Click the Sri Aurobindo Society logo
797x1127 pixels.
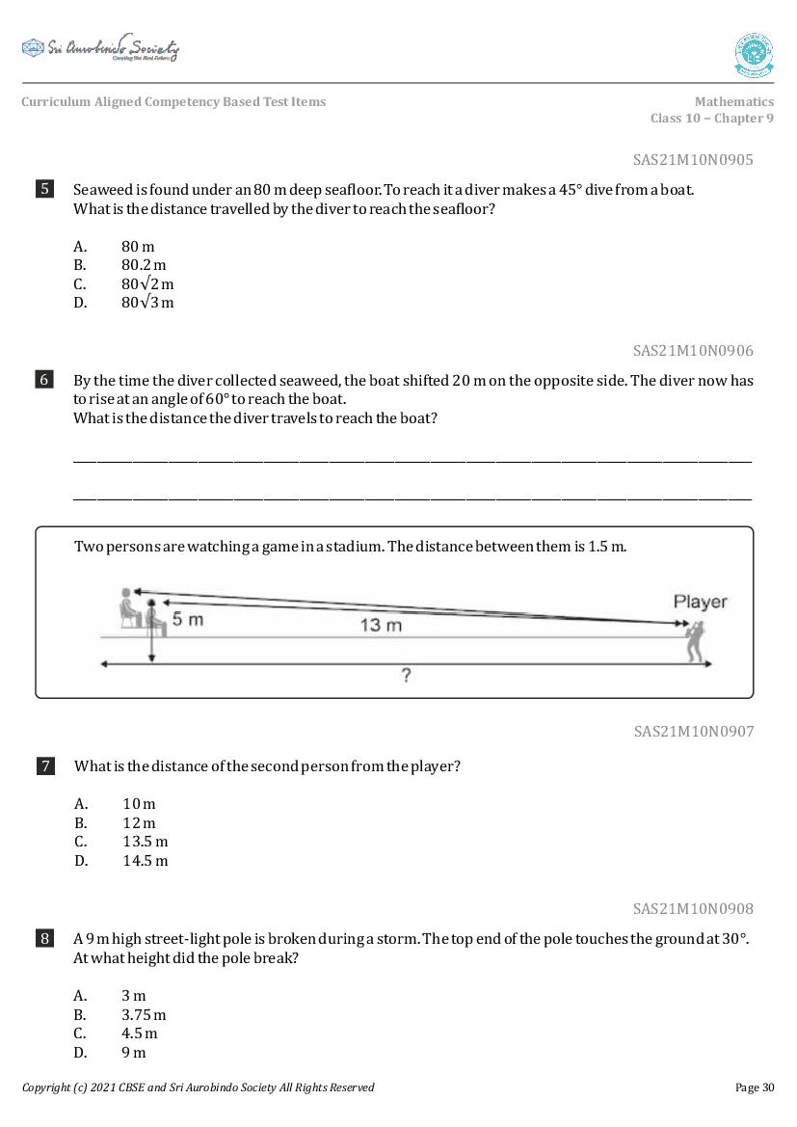[100, 48]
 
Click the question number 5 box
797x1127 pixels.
[44, 189]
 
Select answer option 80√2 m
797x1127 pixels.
[147, 284]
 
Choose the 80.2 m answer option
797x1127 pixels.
[144, 265]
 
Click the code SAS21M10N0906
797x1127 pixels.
[693, 351]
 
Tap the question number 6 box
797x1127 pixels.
[44, 380]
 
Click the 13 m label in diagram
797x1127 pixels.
[381, 626]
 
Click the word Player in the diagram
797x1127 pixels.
[700, 603]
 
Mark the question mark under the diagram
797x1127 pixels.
[406, 676]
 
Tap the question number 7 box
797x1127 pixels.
[45, 766]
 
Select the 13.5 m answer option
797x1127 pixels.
[145, 842]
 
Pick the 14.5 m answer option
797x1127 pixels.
[145, 861]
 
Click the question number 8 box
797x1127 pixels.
[44, 938]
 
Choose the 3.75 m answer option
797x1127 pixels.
[144, 1015]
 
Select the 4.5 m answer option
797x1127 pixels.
[140, 1033]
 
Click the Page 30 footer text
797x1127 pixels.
[754, 1087]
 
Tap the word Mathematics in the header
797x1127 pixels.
[733, 102]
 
